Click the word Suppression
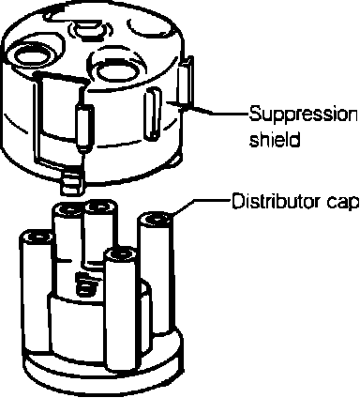click(x=303, y=115)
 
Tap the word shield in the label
click(x=275, y=139)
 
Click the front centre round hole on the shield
click(x=114, y=70)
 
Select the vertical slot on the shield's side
click(x=153, y=114)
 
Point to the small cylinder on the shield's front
click(x=84, y=128)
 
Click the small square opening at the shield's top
click(x=89, y=30)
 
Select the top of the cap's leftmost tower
click(x=37, y=237)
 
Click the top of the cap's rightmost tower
click(x=156, y=220)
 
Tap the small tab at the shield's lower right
click(x=176, y=160)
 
